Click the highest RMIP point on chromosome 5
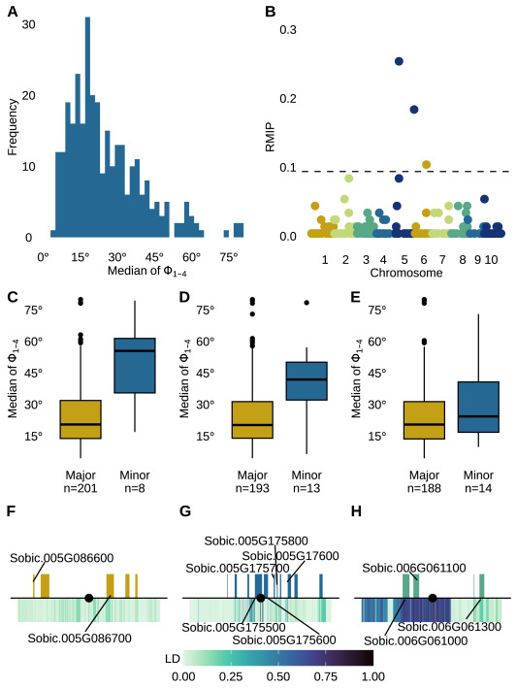point(399,61)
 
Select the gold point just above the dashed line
point(426,165)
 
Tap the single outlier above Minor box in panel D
point(307,303)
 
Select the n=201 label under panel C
point(80,490)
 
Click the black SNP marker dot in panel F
point(89,599)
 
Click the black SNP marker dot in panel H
point(433,599)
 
